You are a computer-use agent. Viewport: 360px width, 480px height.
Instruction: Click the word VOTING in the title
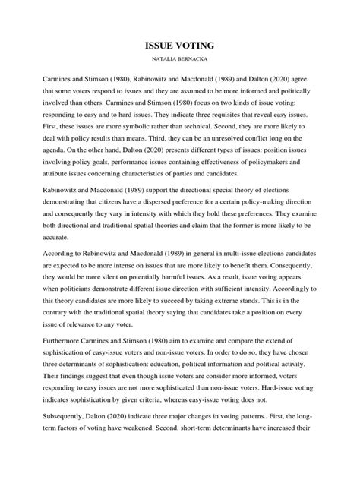pyautogui.click(x=201, y=45)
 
